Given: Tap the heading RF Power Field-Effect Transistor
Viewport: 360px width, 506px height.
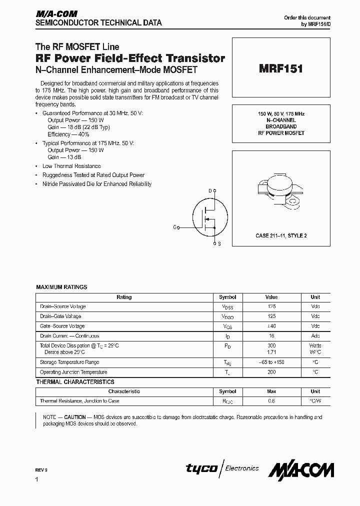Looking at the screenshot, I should click(130, 58).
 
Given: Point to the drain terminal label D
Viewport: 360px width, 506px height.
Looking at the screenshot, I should click(210, 191).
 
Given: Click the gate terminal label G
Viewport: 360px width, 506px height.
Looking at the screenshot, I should click(175, 227).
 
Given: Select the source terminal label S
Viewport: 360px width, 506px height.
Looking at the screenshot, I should click(219, 244).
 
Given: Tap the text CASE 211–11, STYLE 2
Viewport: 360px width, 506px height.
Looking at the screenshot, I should click(280, 235).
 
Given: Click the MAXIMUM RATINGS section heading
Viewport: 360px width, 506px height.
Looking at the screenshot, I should click(61, 287).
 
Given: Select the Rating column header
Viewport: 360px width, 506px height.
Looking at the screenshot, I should click(124, 297).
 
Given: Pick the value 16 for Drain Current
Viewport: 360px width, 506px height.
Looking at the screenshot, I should click(272, 336).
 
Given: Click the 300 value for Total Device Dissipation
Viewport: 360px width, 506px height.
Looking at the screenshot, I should click(271, 346).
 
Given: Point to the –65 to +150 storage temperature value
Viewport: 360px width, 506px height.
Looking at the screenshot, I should click(271, 362).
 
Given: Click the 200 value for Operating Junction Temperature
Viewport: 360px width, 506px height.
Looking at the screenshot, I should click(271, 372).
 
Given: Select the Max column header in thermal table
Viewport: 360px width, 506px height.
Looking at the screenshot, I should click(271, 391).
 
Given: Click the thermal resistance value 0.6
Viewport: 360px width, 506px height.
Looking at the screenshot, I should click(271, 401).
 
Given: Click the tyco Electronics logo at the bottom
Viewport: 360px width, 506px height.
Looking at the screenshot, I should click(222, 468).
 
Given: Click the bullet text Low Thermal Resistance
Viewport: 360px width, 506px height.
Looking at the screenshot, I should click(71, 166).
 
